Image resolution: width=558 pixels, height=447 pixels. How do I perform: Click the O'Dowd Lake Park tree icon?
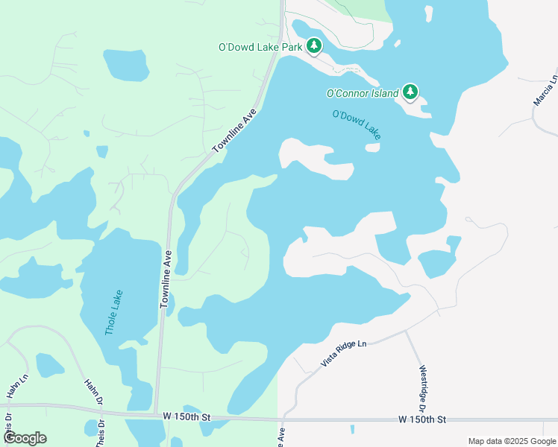(x=314, y=47)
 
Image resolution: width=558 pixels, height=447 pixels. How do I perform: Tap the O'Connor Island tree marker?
(x=410, y=92)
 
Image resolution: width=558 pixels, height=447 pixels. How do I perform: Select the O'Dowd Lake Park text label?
(x=260, y=47)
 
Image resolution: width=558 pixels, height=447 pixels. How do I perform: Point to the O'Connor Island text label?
(x=363, y=94)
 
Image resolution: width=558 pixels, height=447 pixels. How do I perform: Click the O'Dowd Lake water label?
(x=357, y=124)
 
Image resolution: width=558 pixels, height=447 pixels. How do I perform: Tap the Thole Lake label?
(x=114, y=312)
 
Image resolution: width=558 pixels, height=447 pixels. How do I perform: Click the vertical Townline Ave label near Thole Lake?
(x=166, y=279)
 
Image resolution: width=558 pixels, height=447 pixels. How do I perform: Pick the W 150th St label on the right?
(x=421, y=420)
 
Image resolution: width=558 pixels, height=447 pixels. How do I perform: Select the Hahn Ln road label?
(x=12, y=387)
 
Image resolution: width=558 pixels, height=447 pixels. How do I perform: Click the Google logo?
(x=25, y=438)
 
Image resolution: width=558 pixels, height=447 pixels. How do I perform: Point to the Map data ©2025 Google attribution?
(x=512, y=441)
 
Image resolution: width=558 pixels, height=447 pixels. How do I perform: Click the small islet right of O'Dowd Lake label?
(x=372, y=147)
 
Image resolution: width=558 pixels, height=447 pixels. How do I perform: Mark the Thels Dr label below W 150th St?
(x=100, y=434)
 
